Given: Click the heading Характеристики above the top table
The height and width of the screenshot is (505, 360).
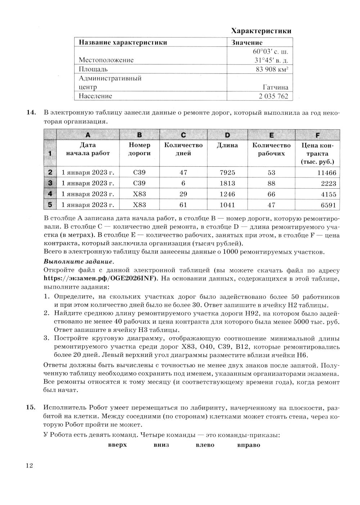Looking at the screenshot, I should [261, 31].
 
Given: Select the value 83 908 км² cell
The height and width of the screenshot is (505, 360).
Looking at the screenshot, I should [273, 69].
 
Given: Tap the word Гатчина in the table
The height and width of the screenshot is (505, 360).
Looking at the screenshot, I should [275, 87].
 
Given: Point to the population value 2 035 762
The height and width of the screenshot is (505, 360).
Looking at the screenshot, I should [273, 96].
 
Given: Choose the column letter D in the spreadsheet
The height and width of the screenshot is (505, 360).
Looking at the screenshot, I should [227, 135].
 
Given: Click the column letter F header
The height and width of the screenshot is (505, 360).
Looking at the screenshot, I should [317, 135].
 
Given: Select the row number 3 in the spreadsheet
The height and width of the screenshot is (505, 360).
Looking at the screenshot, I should [50, 183].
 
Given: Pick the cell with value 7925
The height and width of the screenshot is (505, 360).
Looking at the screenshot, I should [227, 173].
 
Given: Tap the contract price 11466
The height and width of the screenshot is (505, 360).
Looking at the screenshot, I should [327, 173].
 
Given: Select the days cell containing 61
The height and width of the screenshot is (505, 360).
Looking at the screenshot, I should [183, 205].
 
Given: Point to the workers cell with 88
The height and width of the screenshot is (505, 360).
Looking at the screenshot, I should [271, 183].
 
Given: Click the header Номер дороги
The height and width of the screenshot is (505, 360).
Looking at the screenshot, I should [139, 149].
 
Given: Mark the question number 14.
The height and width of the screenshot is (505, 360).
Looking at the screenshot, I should [31, 113].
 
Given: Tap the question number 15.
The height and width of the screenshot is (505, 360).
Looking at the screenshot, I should [31, 407].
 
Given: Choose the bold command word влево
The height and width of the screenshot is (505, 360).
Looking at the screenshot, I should [205, 445].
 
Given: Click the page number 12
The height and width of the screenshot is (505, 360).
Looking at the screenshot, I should [29, 466].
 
